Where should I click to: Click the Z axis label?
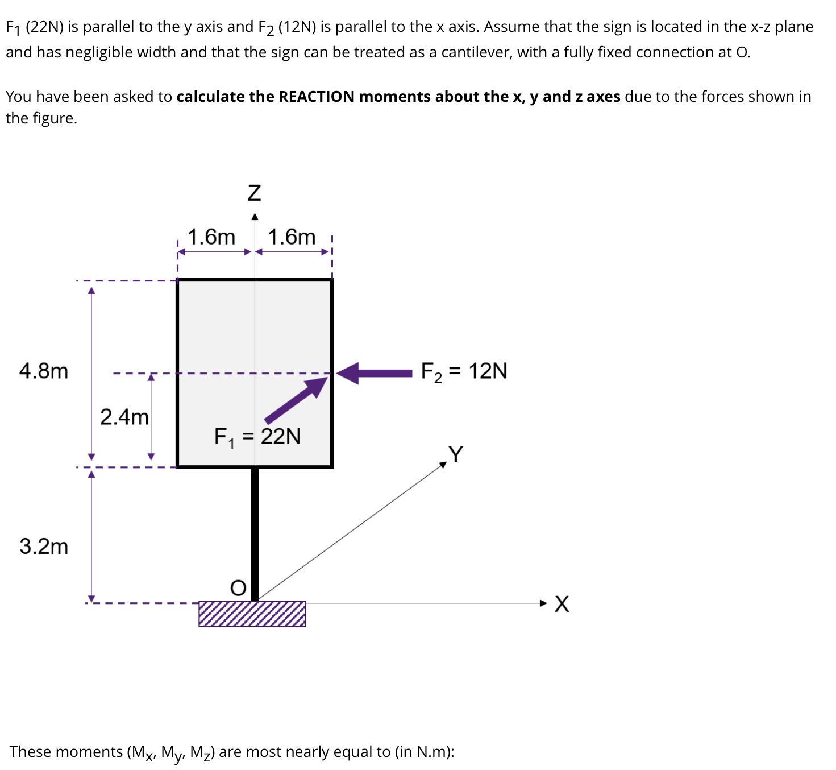coord(254,193)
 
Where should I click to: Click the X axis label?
coord(562,603)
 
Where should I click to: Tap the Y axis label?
coord(456,454)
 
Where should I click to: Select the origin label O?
coord(238,587)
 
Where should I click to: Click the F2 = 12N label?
coord(464,371)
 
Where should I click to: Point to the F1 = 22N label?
coord(257,437)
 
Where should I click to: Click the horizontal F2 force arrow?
coord(375,373)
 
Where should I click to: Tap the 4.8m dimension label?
coord(44,371)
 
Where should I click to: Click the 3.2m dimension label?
coord(44,546)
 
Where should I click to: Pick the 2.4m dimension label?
coord(124,417)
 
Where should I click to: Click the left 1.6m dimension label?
coord(211,237)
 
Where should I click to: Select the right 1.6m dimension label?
coord(292,237)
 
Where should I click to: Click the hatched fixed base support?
coord(252,614)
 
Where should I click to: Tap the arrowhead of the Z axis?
coord(255,217)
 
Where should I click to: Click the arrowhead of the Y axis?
coord(443,465)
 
